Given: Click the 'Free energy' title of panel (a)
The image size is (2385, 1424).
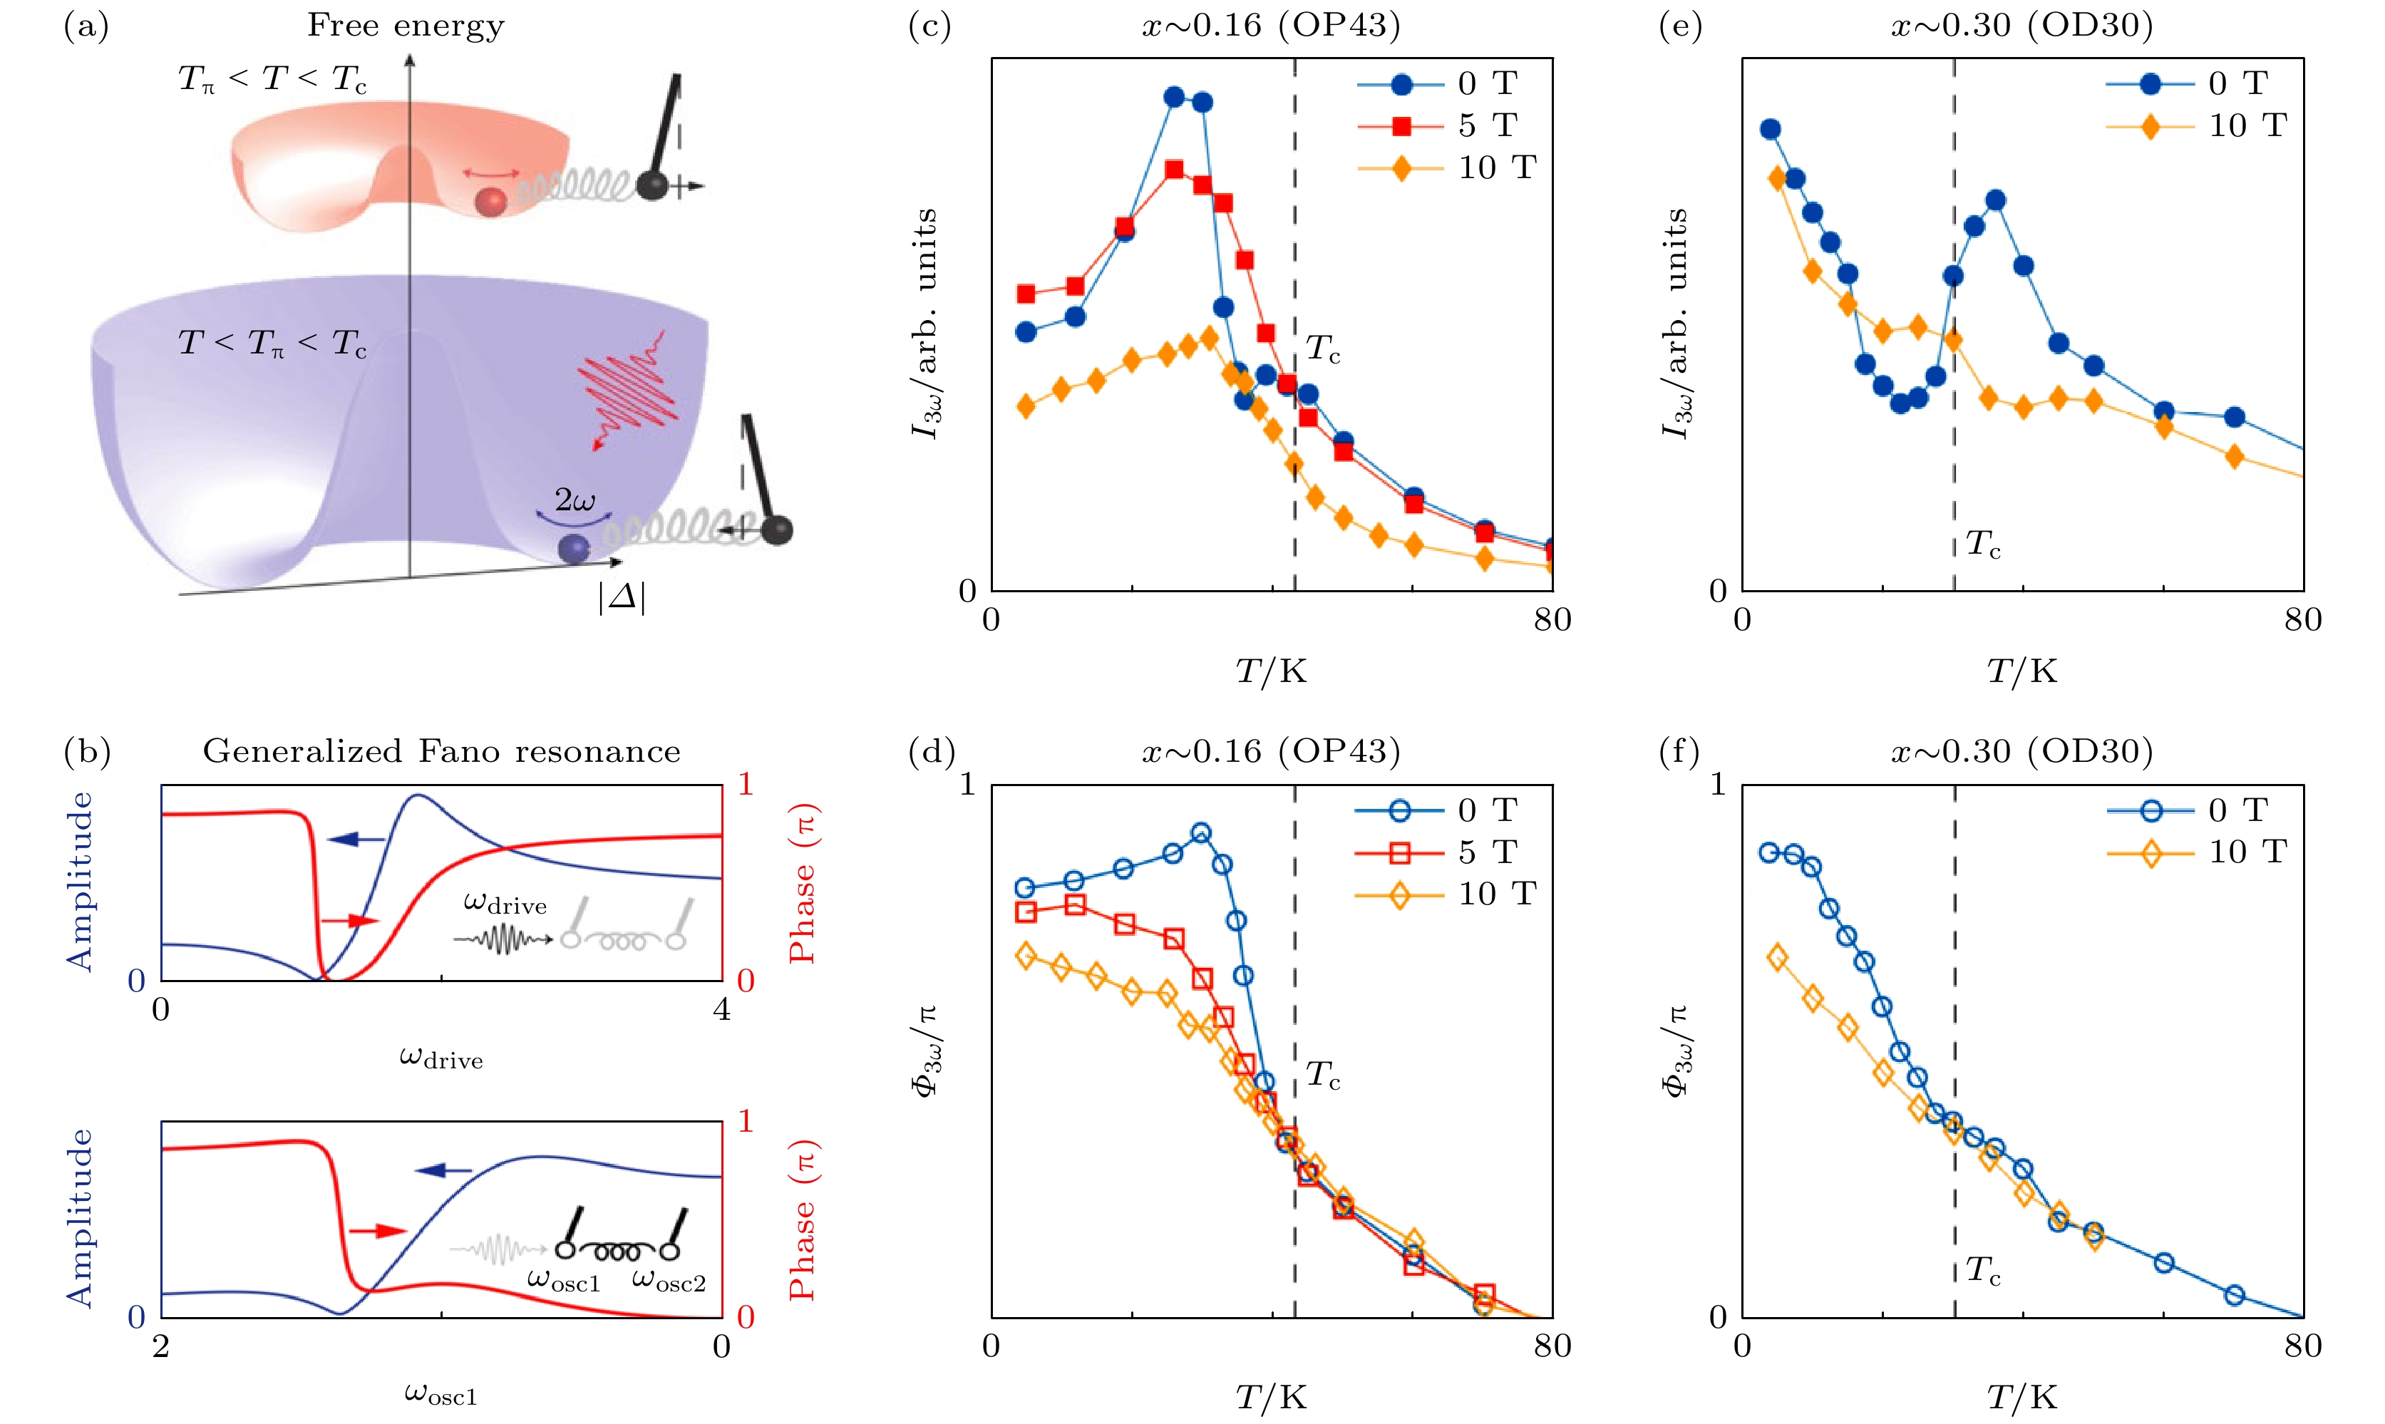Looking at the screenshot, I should [406, 26].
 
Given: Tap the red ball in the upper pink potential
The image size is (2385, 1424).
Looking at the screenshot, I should [491, 202].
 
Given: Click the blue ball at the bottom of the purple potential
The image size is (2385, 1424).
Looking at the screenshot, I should [574, 548].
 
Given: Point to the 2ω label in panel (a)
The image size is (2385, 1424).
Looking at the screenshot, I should [575, 500].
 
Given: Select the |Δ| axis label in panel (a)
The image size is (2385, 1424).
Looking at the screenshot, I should [622, 598].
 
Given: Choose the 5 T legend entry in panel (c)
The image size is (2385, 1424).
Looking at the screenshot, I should [1448, 125].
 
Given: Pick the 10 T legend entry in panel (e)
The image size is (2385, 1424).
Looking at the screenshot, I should [2197, 125].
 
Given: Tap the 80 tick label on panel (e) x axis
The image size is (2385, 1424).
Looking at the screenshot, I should [2302, 621].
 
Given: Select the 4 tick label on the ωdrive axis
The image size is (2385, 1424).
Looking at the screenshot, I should [721, 1009].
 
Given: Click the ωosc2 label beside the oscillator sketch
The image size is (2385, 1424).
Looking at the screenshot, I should [669, 1281].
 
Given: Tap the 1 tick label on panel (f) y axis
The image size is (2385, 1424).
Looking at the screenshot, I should [1717, 785].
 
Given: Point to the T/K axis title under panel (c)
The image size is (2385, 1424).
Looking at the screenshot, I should [1271, 671].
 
